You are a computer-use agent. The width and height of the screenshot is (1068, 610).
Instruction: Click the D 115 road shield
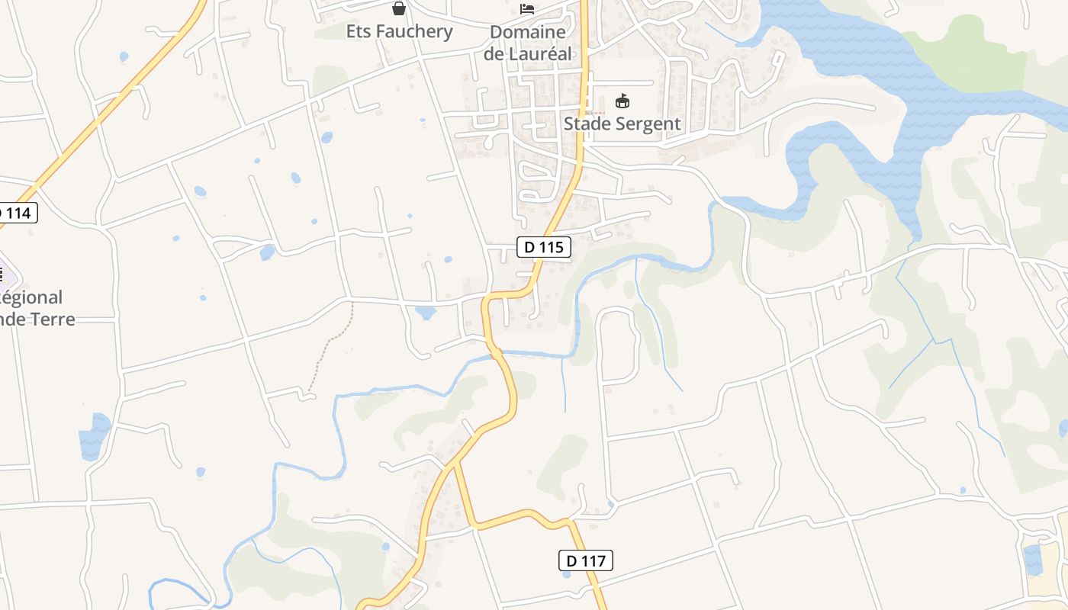[544, 247]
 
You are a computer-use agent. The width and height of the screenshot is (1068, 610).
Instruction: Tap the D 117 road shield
[585, 561]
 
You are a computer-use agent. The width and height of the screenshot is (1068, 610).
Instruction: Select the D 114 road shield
[15, 213]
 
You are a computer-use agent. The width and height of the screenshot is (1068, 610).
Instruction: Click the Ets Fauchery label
[399, 31]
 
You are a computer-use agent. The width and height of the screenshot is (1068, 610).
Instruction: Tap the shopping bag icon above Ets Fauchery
[398, 9]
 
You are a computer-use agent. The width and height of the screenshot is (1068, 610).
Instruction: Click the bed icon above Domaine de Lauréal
[527, 9]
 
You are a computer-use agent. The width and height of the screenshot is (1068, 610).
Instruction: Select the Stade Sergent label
[622, 124]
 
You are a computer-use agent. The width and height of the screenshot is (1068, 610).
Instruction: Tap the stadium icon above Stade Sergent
[622, 101]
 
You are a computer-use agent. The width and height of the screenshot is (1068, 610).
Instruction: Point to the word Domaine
[528, 32]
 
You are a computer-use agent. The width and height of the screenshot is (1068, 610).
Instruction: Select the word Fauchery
[417, 31]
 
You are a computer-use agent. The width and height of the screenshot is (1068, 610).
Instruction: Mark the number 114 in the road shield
[20, 213]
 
